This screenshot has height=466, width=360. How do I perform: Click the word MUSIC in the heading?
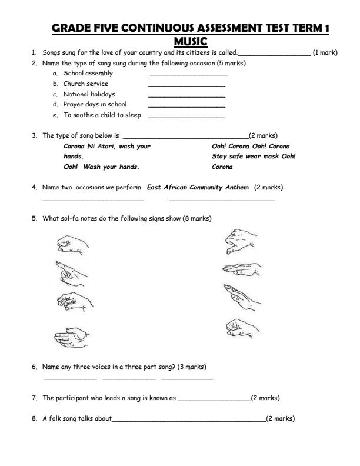coord(191,41)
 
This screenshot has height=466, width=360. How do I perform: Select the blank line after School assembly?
coord(188,75)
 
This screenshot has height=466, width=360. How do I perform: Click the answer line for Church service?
coord(187,86)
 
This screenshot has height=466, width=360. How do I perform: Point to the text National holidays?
coord(89,94)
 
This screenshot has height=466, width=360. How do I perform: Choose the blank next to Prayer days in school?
coord(187,106)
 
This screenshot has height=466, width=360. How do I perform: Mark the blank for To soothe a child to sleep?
coord(187,116)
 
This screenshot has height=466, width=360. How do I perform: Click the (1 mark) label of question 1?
coord(325,53)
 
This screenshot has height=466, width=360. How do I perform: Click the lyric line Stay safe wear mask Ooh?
coord(254,156)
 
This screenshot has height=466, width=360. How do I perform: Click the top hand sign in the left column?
coord(73,243)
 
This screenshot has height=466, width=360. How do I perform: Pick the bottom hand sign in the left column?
coord(70,336)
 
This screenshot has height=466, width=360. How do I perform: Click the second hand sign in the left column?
coord(72,272)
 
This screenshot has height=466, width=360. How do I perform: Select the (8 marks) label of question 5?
coord(198,219)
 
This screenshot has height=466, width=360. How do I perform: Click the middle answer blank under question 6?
coord(129,379)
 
